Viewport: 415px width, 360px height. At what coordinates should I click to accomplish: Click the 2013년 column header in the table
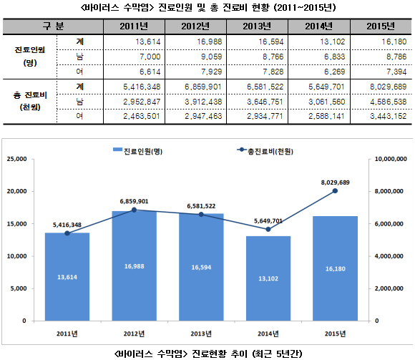click(x=257, y=26)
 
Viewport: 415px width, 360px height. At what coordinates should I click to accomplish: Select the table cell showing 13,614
click(x=148, y=42)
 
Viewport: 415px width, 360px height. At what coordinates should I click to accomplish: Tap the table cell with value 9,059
click(x=211, y=57)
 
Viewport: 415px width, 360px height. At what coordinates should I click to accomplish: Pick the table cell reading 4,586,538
click(x=388, y=102)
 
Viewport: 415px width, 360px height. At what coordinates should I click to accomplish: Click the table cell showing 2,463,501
click(x=142, y=116)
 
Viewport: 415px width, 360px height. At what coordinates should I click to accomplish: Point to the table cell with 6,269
click(x=335, y=72)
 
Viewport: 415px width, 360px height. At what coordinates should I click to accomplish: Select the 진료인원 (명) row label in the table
click(x=29, y=56)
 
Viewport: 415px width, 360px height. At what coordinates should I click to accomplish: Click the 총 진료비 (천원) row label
click(x=30, y=101)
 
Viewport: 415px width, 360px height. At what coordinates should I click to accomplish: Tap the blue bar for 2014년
click(x=268, y=278)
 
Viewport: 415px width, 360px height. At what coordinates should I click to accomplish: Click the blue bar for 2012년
click(x=135, y=266)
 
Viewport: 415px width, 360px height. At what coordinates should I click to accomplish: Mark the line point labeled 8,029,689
click(x=335, y=190)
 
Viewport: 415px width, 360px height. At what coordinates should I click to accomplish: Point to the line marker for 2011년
click(x=67, y=233)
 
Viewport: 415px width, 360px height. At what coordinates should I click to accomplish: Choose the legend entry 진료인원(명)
click(x=137, y=151)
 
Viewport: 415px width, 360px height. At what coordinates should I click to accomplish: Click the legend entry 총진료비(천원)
click(x=265, y=151)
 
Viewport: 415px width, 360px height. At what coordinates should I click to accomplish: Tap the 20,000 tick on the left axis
click(x=17, y=191)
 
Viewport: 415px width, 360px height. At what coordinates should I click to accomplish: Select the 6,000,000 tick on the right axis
click(x=389, y=224)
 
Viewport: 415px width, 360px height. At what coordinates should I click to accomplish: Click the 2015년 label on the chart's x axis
click(x=335, y=334)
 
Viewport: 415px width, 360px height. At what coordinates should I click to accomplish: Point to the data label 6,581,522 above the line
click(x=201, y=206)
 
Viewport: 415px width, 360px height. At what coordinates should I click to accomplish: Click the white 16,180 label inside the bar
click(x=336, y=268)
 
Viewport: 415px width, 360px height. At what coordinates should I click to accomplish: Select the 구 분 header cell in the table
click(x=53, y=26)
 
